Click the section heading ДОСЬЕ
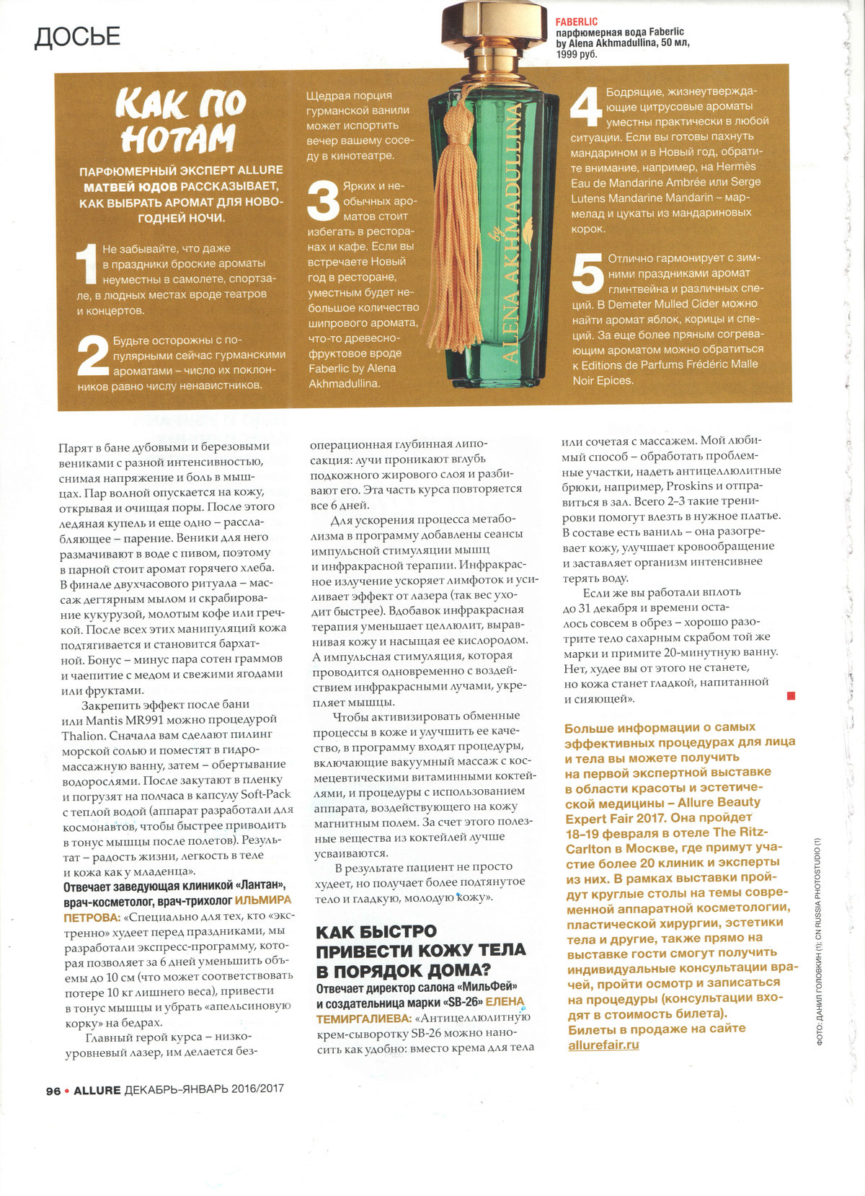[77, 37]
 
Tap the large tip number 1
[87, 263]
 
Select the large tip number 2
[93, 355]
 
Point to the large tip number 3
[323, 201]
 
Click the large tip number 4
[586, 110]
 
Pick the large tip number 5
[587, 274]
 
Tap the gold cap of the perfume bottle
[490, 22]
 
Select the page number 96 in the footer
[53, 1091]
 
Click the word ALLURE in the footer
[97, 1090]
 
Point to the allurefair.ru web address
[603, 1044]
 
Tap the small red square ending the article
[791, 695]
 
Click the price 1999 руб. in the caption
[577, 54]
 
